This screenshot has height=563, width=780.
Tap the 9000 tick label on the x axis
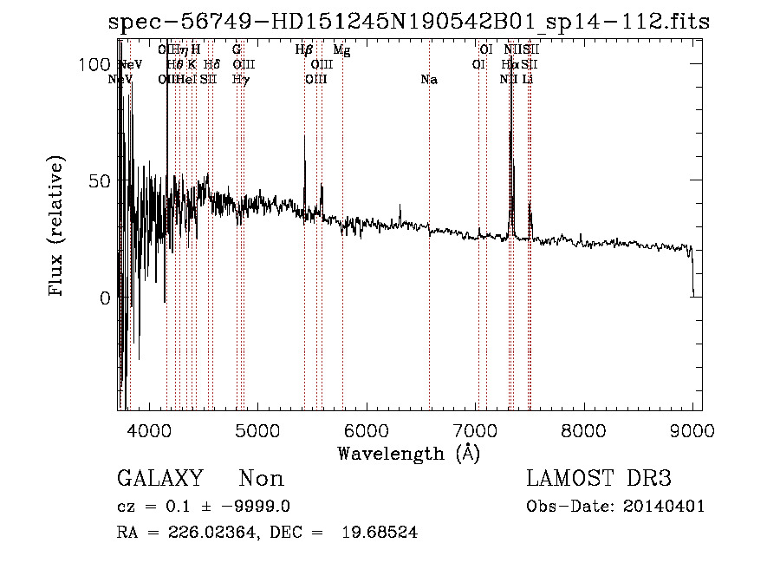[692, 430]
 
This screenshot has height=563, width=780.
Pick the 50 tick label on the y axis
[101, 181]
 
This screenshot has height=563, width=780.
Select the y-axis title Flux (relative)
[57, 227]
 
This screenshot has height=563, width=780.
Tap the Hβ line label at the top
[303, 50]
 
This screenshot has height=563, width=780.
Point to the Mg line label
[341, 50]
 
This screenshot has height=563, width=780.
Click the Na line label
[428, 80]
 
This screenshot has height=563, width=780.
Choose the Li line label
[527, 80]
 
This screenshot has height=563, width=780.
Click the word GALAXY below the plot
[160, 479]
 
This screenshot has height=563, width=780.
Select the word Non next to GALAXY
[261, 479]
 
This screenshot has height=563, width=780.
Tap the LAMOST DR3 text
[599, 479]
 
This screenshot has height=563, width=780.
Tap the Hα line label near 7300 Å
[510, 65]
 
